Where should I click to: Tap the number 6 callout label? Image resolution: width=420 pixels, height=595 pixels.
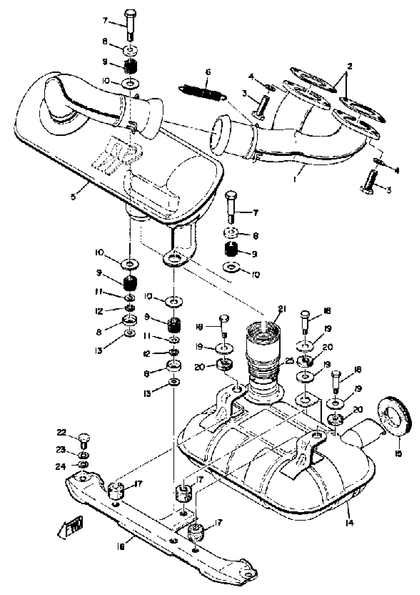click(208, 72)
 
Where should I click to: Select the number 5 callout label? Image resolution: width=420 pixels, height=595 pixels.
click(73, 197)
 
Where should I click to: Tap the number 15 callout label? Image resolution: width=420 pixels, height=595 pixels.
click(399, 453)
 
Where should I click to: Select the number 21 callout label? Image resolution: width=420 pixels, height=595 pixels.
click(282, 309)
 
